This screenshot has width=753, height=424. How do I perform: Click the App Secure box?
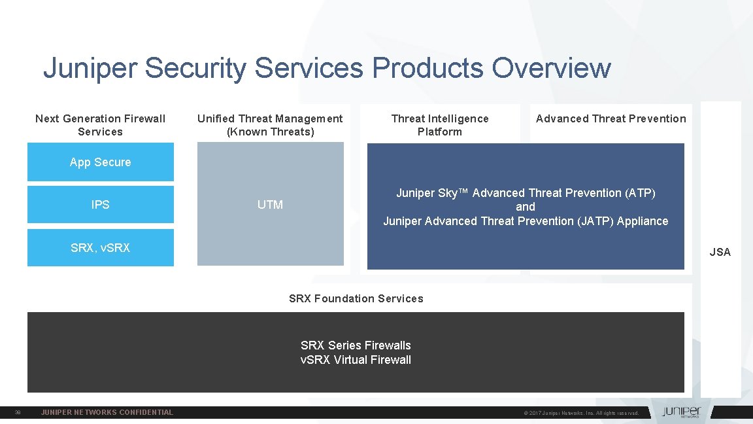[x=100, y=162]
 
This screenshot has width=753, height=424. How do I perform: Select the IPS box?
[x=100, y=205]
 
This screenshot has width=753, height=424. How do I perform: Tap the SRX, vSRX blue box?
[x=100, y=248]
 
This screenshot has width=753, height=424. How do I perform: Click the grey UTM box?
[x=270, y=205]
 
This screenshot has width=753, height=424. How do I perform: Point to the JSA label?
[x=720, y=252]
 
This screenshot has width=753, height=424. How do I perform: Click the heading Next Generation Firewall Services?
[x=100, y=125]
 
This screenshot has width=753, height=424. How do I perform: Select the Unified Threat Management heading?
[x=270, y=125]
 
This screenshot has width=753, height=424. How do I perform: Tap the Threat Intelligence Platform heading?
[x=440, y=125]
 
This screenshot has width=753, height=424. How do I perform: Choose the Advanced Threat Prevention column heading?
[x=611, y=118]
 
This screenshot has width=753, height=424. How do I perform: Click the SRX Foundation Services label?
[x=356, y=298]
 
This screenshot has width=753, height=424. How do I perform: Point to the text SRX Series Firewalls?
[x=356, y=345]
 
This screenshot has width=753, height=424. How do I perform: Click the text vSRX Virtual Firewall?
[x=356, y=359]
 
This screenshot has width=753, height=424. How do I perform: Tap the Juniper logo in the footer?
[x=680, y=412]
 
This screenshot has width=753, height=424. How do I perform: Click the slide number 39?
[x=18, y=412]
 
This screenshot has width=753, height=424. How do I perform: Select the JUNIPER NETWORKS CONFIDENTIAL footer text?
[x=107, y=412]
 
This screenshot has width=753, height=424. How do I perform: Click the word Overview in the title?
[x=551, y=68]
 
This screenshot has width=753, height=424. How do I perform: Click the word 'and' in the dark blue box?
[x=526, y=207]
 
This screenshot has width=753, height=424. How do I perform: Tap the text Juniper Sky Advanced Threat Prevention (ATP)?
[x=526, y=193]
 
